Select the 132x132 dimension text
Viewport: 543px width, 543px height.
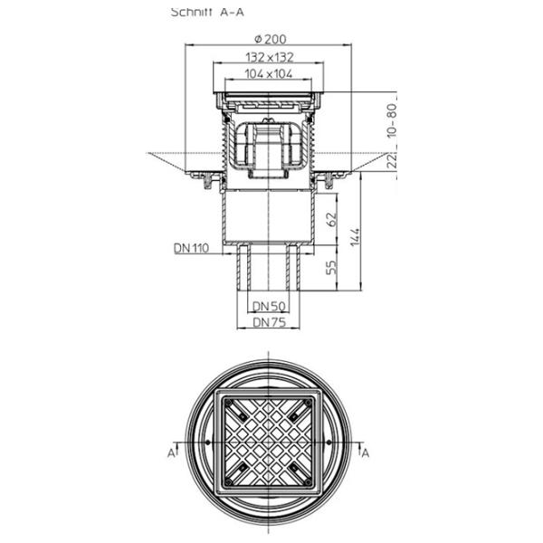271,57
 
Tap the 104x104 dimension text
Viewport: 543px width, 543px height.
271,74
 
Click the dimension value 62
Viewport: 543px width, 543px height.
331,218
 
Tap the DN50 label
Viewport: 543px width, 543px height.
270,307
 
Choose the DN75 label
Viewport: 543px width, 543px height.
270,321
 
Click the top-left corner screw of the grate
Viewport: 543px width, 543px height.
243,414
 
